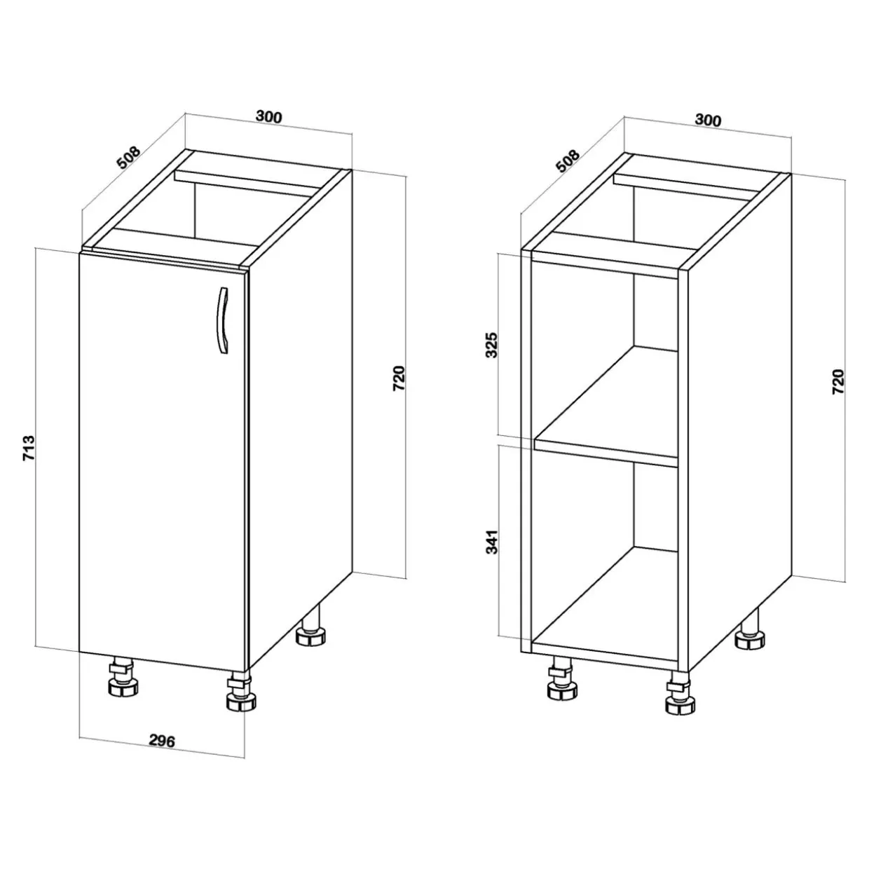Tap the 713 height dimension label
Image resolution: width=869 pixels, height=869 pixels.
coord(29,449)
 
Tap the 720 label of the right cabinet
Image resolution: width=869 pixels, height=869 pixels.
coord(838,382)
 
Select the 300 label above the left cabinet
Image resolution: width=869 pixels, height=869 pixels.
coord(269,117)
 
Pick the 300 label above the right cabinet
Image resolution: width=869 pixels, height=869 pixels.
coord(708,120)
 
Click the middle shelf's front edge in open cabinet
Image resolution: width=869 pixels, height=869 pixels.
coord(605,451)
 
